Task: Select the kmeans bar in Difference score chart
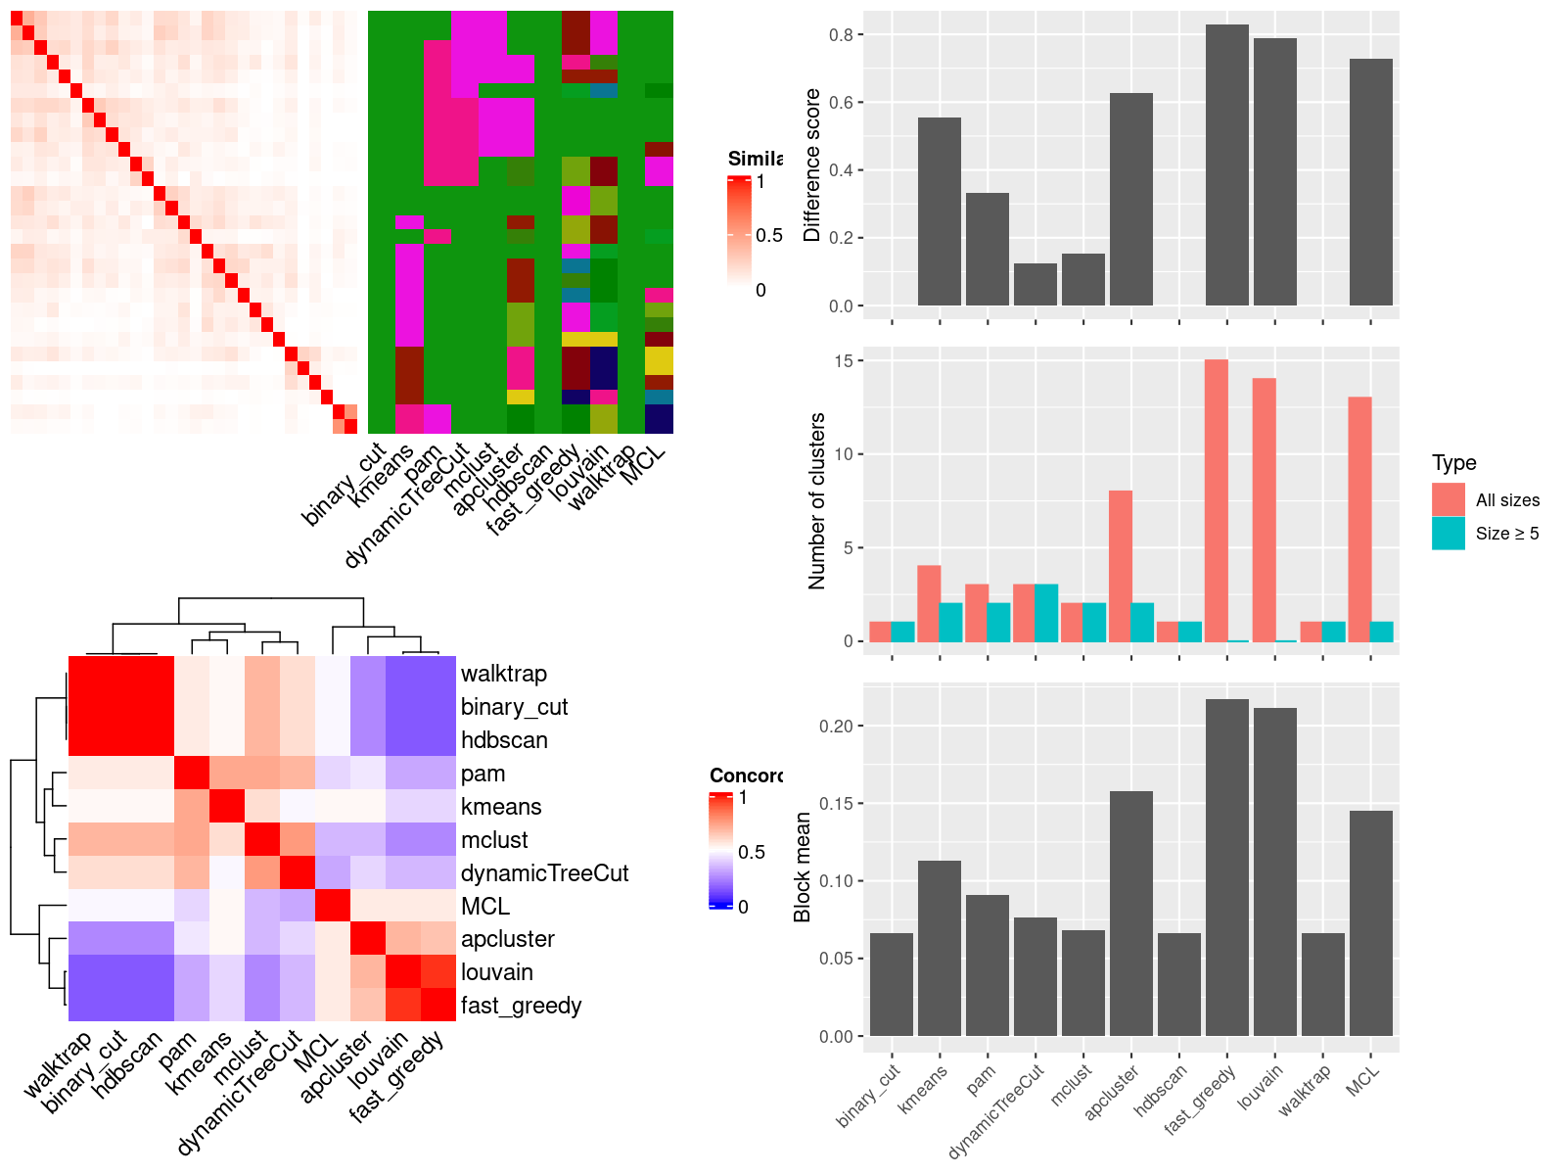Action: tap(940, 211)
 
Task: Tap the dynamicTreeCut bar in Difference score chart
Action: tap(1036, 284)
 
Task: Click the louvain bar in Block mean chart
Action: tap(1274, 871)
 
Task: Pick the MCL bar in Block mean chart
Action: tap(1370, 922)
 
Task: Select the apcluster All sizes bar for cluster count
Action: tap(1121, 566)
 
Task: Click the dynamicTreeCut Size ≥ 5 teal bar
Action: tap(1046, 613)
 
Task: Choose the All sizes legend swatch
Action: tap(1448, 499)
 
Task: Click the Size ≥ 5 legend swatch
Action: tap(1448, 534)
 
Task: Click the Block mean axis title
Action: tap(804, 867)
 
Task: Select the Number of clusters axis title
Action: tap(817, 500)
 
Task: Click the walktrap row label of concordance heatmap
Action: tap(503, 674)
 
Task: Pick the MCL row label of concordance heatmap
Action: tap(484, 906)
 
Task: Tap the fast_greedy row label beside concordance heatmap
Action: tap(521, 1006)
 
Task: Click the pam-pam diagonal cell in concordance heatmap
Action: tap(192, 774)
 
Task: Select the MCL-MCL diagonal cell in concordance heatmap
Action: tap(333, 906)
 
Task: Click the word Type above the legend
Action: tap(1453, 463)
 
